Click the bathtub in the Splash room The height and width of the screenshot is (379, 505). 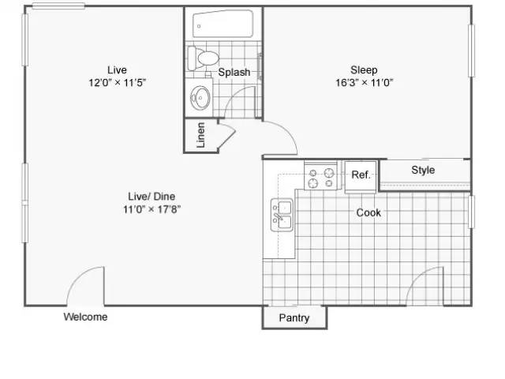tap(223, 24)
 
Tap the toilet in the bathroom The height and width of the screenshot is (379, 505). tap(204, 58)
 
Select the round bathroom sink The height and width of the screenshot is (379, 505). tap(200, 97)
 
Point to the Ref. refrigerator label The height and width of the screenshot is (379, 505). tap(361, 174)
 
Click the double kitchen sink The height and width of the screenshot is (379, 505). tap(282, 215)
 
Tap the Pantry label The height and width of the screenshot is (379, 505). tap(294, 318)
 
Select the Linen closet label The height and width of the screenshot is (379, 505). tap(200, 135)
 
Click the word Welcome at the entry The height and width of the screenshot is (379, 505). tap(86, 317)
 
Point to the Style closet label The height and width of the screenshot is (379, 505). tap(423, 171)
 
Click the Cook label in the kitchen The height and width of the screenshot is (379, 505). tap(368, 212)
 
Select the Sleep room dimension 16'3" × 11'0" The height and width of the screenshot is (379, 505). tap(365, 83)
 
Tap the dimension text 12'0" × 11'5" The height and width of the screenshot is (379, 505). tap(118, 83)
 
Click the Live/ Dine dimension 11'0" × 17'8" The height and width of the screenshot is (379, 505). tap(151, 209)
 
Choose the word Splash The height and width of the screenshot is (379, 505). tap(234, 72)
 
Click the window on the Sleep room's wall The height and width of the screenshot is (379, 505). tap(471, 51)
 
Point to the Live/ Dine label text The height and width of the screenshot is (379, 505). tap(151, 197)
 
